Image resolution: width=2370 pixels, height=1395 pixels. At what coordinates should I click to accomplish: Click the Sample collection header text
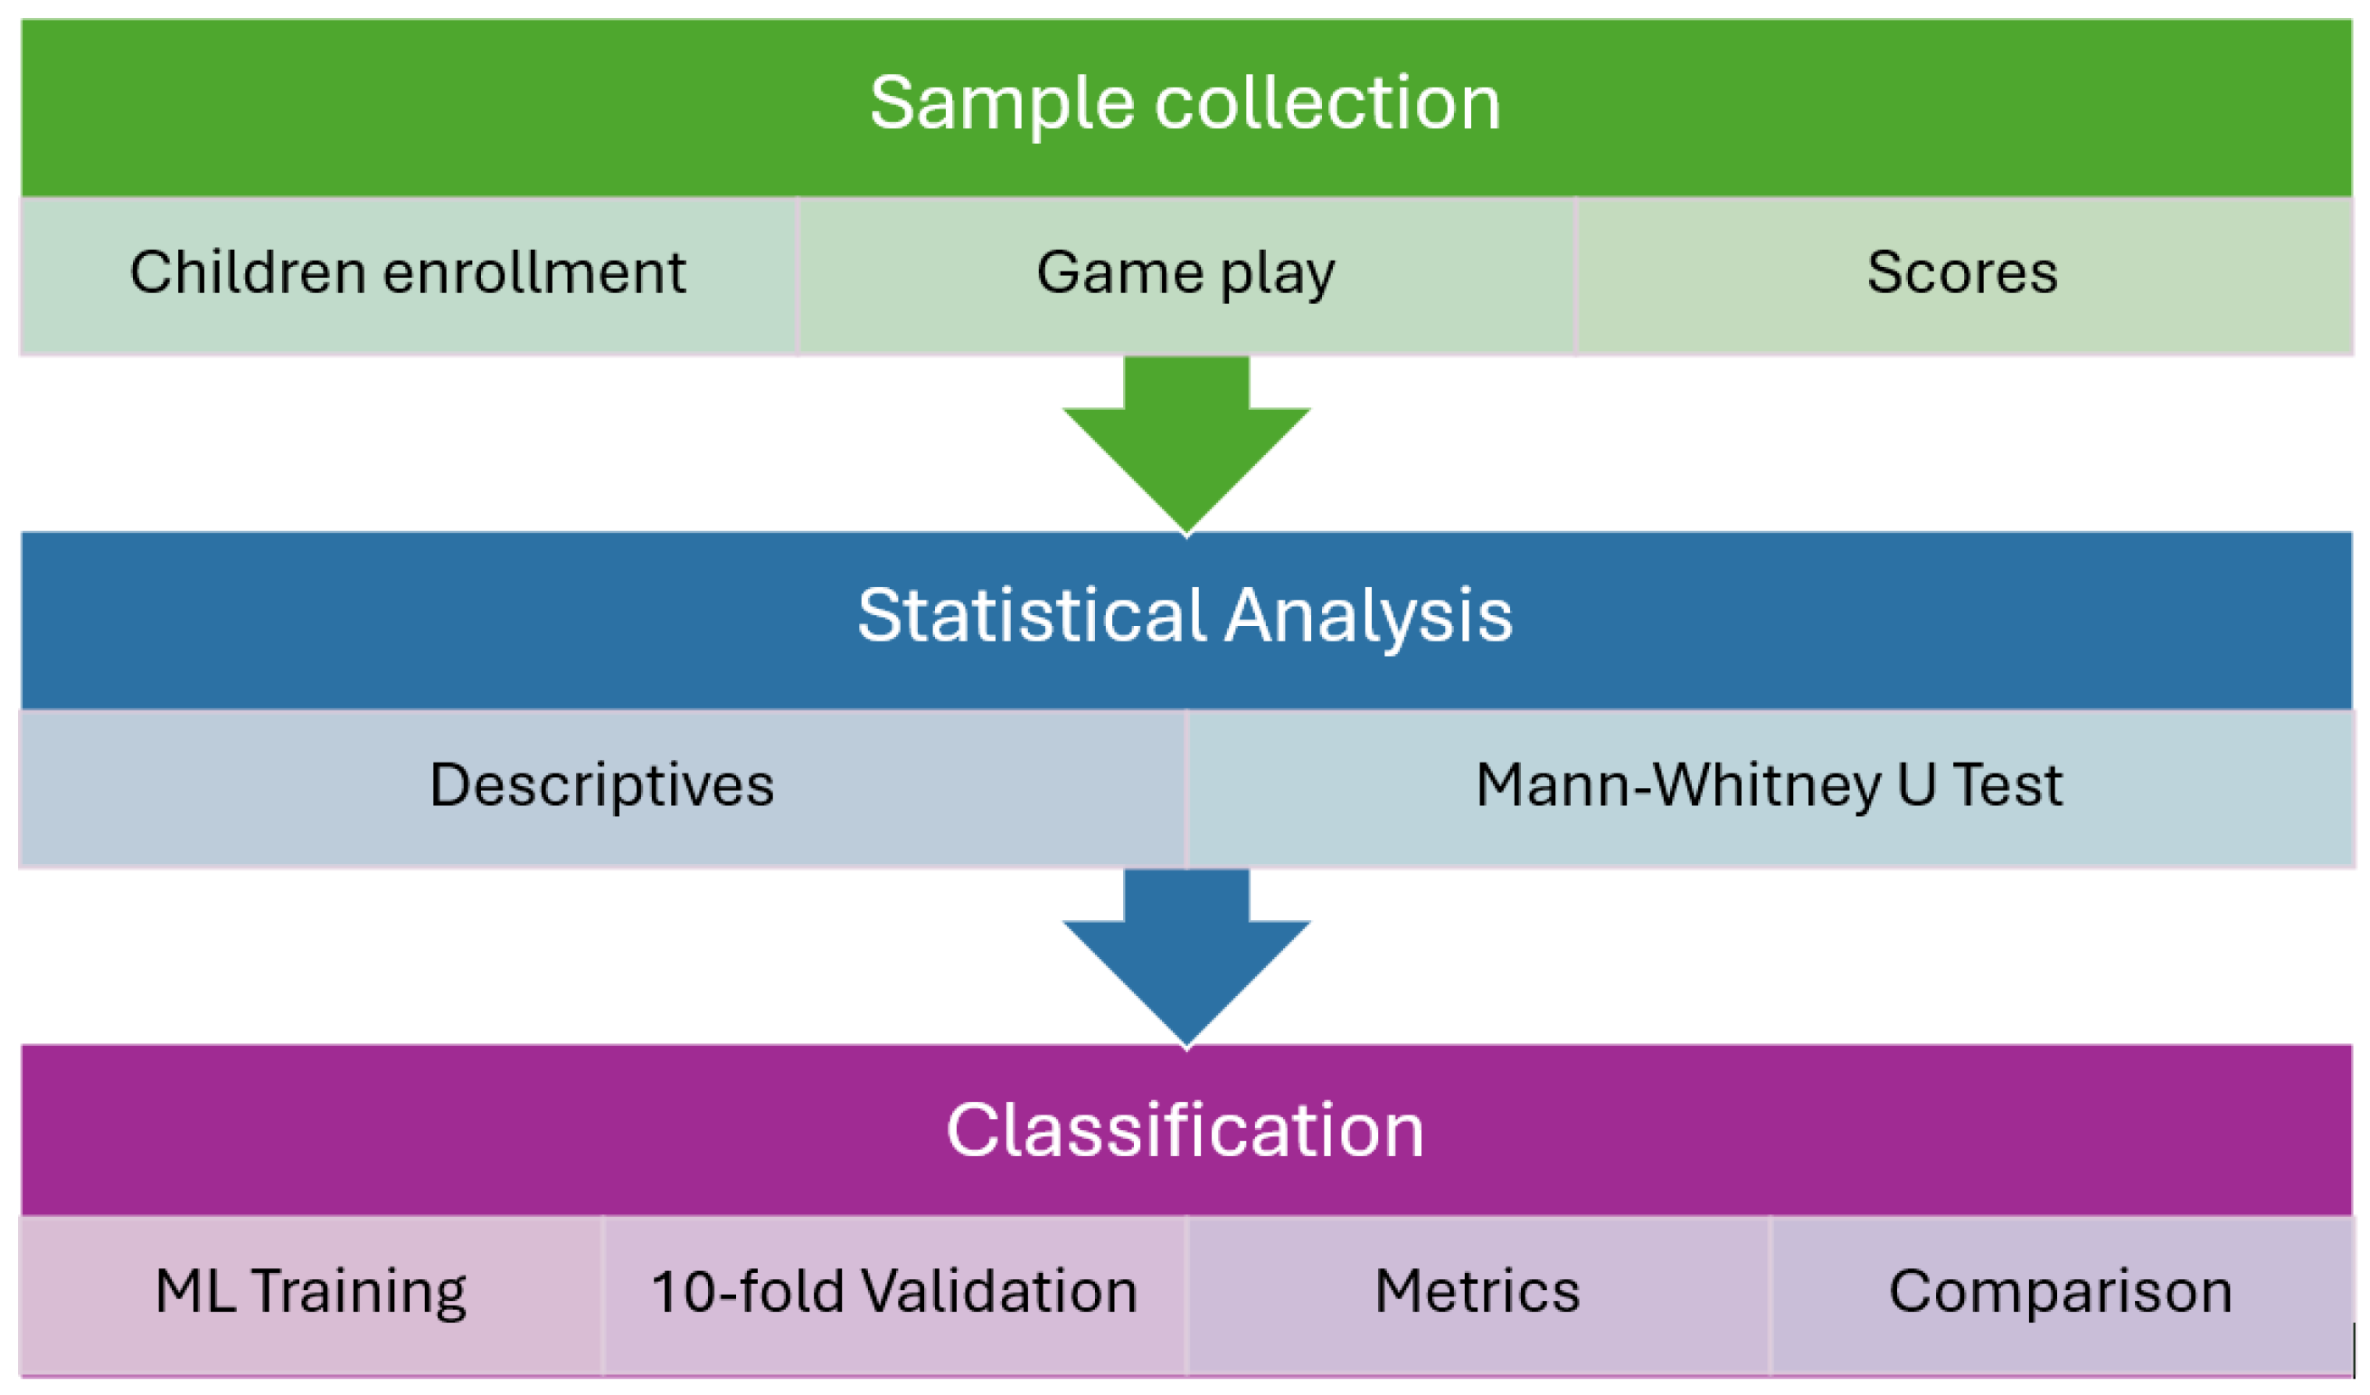point(1185,103)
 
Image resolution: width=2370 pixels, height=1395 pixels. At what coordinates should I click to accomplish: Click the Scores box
point(1962,275)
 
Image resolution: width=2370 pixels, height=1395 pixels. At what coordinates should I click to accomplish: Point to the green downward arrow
point(1186,451)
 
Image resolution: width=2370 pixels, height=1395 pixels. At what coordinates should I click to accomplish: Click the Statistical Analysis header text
point(1185,616)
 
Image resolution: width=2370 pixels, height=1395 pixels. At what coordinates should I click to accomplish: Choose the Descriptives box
point(602,786)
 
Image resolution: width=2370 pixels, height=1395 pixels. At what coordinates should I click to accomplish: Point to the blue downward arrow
point(1186,964)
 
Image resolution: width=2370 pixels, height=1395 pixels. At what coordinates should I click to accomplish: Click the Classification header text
point(1185,1131)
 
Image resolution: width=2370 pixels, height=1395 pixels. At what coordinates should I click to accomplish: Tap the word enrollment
point(534,275)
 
